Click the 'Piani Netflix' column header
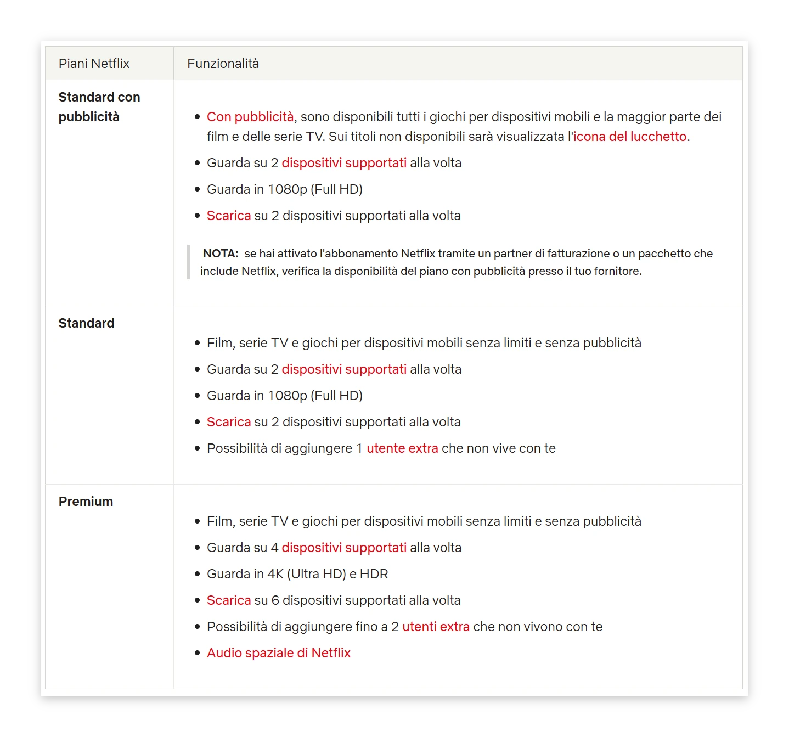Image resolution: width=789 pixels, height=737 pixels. tap(94, 64)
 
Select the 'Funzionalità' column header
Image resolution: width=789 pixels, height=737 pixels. tap(223, 64)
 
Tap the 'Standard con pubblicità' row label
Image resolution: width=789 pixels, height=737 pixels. tap(99, 107)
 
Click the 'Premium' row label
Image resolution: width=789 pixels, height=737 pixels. tap(86, 502)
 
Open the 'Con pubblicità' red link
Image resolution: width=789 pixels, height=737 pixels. tap(250, 117)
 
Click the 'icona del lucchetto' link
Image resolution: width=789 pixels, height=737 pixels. tap(630, 137)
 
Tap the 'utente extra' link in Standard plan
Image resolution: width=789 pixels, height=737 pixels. tap(402, 448)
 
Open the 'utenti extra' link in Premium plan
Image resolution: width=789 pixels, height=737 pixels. tap(436, 627)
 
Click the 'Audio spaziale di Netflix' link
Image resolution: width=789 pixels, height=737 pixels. tap(279, 653)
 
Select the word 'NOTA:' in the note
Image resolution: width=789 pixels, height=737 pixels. tap(221, 254)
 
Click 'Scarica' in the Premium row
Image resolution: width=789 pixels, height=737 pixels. tap(229, 600)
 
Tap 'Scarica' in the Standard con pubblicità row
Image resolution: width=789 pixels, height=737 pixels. tap(229, 216)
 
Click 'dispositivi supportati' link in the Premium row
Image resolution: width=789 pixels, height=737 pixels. tap(344, 548)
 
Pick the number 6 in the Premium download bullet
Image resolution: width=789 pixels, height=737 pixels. tap(275, 600)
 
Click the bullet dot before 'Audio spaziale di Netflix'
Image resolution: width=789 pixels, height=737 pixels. tap(198, 653)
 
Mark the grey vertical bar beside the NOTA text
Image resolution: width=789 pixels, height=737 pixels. tap(189, 262)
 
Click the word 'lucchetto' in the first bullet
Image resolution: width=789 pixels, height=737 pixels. tap(658, 137)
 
